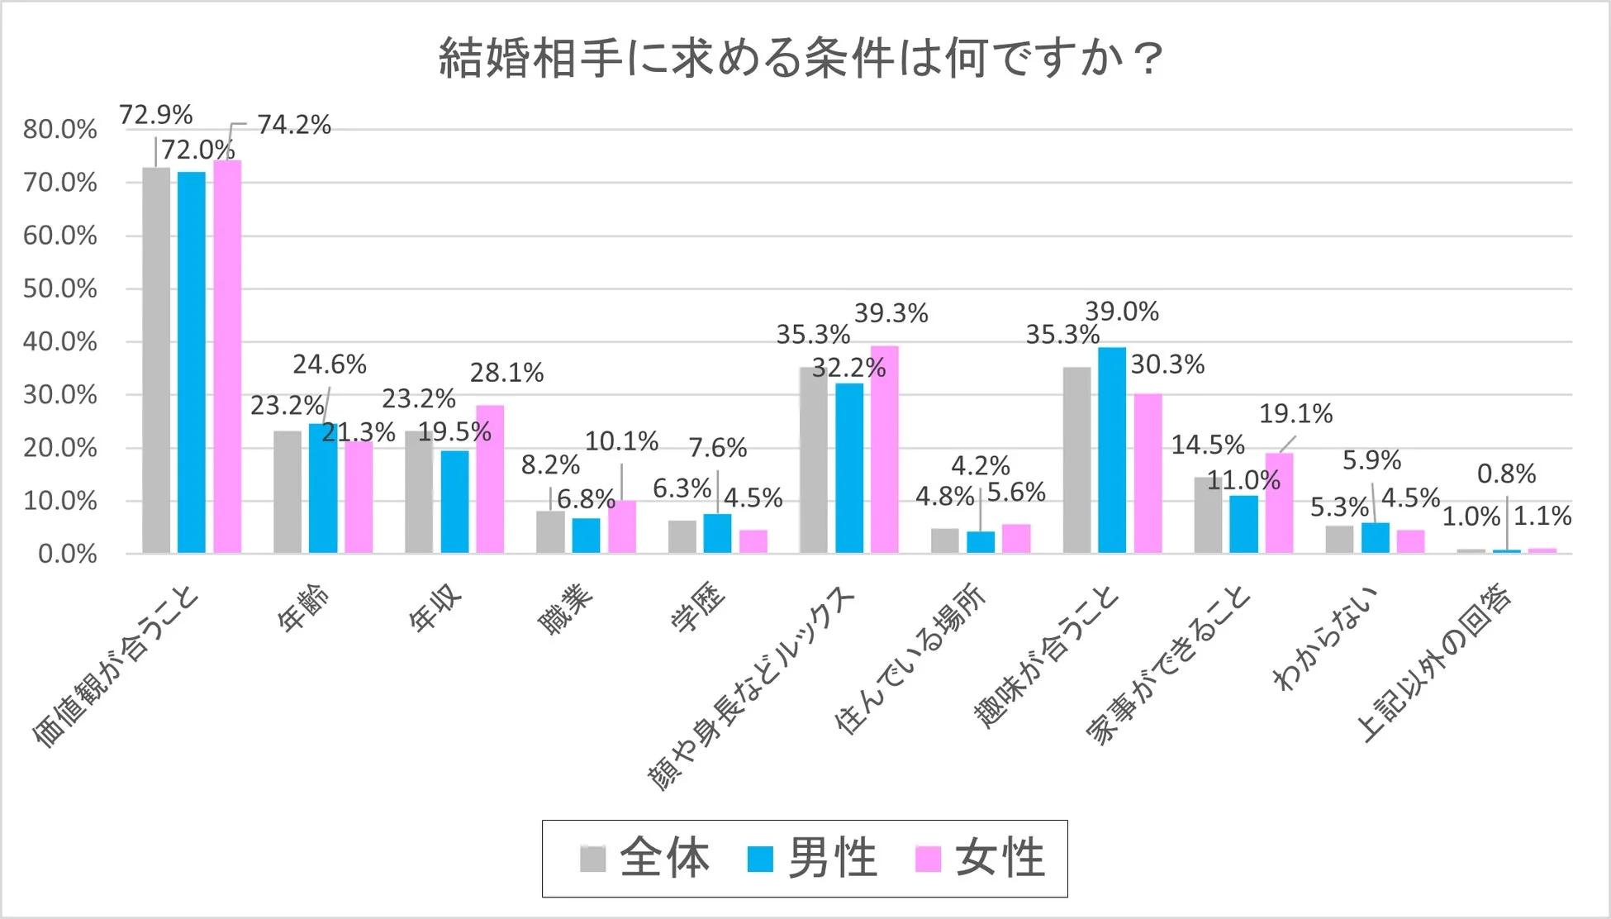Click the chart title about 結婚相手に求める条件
tap(800, 58)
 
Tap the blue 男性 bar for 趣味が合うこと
tap(1111, 450)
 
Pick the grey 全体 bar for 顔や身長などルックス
tap(813, 459)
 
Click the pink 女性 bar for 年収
tap(490, 479)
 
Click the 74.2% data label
tap(293, 125)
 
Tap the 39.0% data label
tap(1121, 312)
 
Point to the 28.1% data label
tap(506, 373)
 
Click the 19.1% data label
tap(1295, 413)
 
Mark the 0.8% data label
tap(1506, 474)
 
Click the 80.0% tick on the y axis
tap(59, 129)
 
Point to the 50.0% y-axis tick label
tap(59, 288)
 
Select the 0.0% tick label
tap(67, 554)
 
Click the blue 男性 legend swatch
tap(759, 859)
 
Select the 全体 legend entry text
tap(664, 858)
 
